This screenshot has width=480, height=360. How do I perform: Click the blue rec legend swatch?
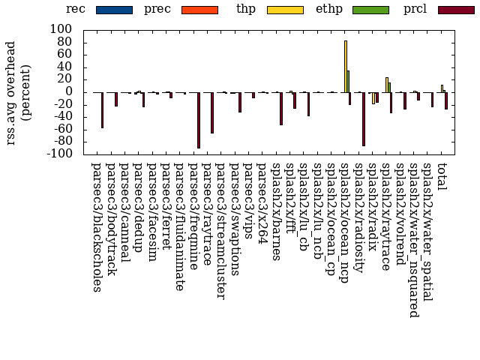(113, 10)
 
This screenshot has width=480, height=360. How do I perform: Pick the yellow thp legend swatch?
(284, 10)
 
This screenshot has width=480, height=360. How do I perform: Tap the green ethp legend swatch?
(370, 10)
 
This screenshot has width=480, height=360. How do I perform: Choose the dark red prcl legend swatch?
(455, 10)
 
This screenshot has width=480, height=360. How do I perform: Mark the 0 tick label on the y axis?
(68, 92)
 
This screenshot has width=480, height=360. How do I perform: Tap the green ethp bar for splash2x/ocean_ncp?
(348, 82)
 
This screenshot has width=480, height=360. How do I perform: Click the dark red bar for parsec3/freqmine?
(199, 120)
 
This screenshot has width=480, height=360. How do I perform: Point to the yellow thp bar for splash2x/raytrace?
(387, 85)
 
